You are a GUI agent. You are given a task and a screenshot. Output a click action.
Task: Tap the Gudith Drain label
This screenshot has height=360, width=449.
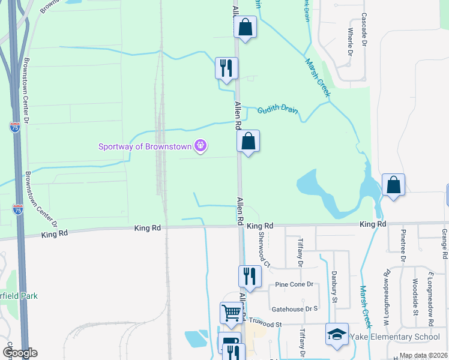click(278, 111)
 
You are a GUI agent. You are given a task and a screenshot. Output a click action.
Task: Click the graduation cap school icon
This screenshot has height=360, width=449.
click(337, 334)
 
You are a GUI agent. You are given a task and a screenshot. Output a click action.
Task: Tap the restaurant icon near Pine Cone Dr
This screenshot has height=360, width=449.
click(250, 276)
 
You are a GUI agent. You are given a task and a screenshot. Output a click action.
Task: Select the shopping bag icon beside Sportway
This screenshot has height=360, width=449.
click(249, 142)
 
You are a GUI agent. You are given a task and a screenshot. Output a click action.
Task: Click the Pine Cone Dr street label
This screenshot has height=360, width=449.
click(294, 284)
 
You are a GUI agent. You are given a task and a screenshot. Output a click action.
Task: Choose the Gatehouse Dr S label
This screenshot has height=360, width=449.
click(294, 308)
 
